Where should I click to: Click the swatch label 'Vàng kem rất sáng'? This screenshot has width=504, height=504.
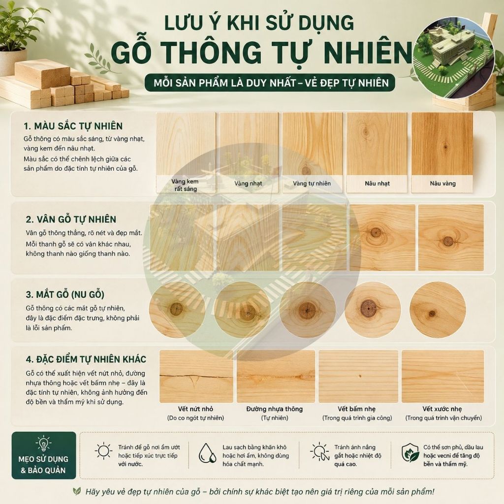[x=185, y=185]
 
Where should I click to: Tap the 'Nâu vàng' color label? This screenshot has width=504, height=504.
[x=442, y=184]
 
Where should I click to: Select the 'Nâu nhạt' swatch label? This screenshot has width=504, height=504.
[x=377, y=184]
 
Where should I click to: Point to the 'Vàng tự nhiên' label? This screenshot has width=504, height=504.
[x=312, y=184]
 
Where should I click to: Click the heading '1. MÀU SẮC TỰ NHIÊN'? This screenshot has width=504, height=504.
[x=73, y=126]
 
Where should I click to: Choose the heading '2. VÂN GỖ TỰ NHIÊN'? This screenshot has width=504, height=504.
[x=71, y=219]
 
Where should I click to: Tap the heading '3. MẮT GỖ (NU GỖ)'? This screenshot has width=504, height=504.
[x=65, y=294]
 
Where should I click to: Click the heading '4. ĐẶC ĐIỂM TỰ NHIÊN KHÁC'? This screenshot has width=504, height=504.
[x=86, y=359]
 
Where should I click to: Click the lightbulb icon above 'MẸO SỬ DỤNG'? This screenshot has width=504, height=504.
[x=43, y=443]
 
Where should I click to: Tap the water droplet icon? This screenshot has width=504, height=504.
[x=207, y=453]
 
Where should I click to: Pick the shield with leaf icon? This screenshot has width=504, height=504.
[x=410, y=453]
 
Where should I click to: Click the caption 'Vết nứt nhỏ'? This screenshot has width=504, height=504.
[x=195, y=409]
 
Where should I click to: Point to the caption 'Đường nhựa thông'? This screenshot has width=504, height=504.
[x=275, y=409]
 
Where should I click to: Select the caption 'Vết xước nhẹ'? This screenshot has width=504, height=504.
[x=442, y=409]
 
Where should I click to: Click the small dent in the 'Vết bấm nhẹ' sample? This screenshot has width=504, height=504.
[x=360, y=376]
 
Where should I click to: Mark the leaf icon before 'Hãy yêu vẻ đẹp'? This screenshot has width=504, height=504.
[x=76, y=491]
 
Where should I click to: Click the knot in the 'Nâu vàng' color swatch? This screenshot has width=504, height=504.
[x=445, y=147]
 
